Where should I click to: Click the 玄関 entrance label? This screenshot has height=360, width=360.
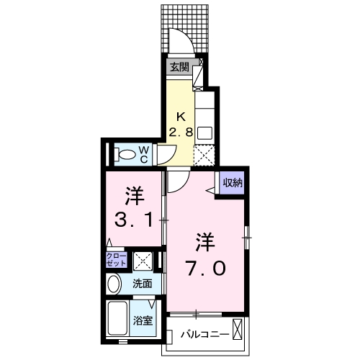coord(179,68)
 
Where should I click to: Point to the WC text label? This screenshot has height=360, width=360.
coord(144,153)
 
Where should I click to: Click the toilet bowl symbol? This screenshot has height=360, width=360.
coord(126,154)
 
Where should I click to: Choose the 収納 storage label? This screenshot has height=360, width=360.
coord(231,182)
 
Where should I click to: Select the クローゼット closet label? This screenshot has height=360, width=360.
coord(117,260)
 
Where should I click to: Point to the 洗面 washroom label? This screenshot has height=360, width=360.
coord(141,284)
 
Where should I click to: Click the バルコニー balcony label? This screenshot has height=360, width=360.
coord(204,335)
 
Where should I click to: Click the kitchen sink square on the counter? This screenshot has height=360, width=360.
coord(204,132)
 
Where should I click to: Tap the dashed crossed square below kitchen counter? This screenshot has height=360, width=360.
coord(205,154)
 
